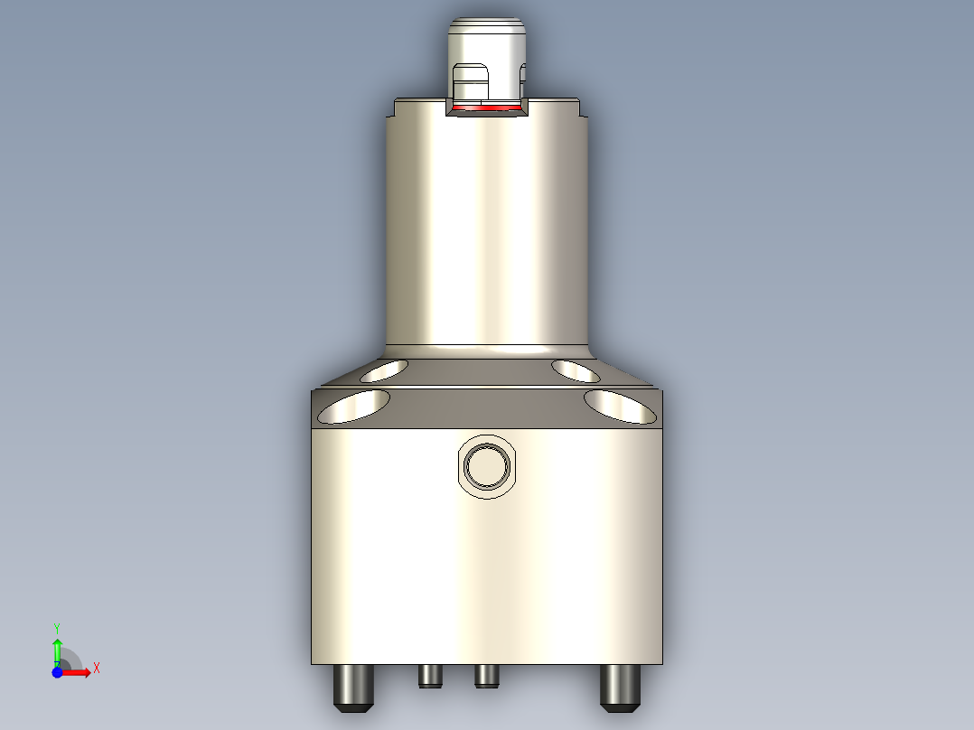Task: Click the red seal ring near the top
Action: tap(488, 108)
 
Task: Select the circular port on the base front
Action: tap(487, 466)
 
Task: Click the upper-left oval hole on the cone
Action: tap(383, 370)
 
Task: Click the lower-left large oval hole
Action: tap(354, 407)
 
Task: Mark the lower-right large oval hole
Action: tap(620, 407)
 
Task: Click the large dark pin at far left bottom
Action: tap(353, 687)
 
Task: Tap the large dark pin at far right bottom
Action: tap(621, 687)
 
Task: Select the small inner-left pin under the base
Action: tap(430, 676)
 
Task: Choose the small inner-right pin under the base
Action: tap(486, 676)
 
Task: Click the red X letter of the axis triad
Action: tap(96, 669)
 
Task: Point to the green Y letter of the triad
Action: tap(57, 627)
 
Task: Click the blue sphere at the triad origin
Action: tap(57, 673)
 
